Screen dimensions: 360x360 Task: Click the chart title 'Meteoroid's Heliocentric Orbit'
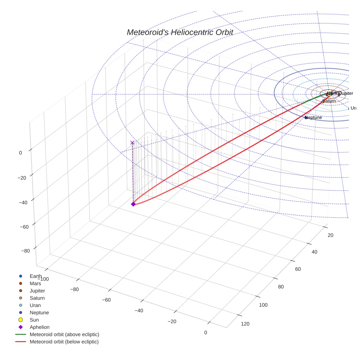(x=180, y=32)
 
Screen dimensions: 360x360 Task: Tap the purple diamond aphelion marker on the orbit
(x=133, y=204)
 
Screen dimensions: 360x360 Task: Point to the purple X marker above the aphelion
(x=132, y=143)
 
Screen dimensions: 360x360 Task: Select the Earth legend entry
(x=35, y=276)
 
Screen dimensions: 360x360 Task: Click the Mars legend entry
(x=35, y=284)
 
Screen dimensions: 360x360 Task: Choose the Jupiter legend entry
(x=37, y=291)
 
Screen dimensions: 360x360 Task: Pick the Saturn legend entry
(x=37, y=298)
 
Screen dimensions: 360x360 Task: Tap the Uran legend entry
(x=35, y=305)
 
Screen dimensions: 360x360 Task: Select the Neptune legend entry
(x=39, y=313)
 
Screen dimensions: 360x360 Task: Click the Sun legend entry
(x=34, y=320)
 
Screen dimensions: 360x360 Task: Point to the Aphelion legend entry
(x=40, y=327)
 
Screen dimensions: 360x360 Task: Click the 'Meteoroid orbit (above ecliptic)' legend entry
(x=64, y=334)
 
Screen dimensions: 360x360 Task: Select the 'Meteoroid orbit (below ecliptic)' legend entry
(x=64, y=342)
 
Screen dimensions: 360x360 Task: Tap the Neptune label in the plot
(x=314, y=117)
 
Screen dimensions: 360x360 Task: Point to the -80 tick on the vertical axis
(x=26, y=251)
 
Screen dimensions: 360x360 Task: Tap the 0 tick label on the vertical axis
(x=20, y=153)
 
